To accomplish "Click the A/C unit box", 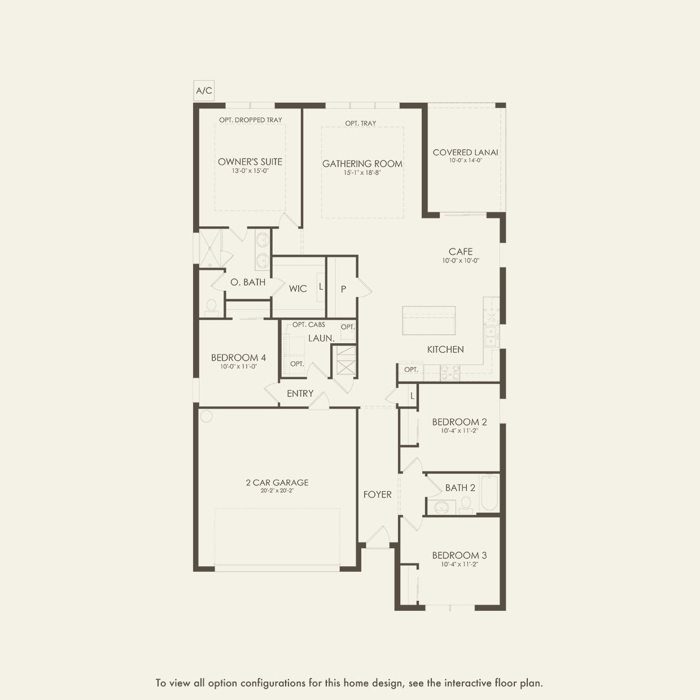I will pyautogui.click(x=204, y=90).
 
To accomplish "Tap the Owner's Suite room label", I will pyautogui.click(x=250, y=162).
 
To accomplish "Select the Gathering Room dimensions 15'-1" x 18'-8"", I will pyautogui.click(x=362, y=173).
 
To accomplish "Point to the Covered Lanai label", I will pyautogui.click(x=466, y=152).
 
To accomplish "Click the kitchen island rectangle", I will pyautogui.click(x=428, y=321).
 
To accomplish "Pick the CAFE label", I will pyautogui.click(x=461, y=252).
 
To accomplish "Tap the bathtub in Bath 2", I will pyautogui.click(x=489, y=494).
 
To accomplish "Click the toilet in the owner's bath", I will pyautogui.click(x=211, y=307).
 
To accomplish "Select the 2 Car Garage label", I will pyautogui.click(x=277, y=483).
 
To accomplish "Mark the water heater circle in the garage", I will pyautogui.click(x=206, y=416).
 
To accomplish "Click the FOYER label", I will pyautogui.click(x=378, y=495).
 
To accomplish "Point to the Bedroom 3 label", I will pyautogui.click(x=460, y=555).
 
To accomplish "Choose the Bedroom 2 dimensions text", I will pyautogui.click(x=460, y=431).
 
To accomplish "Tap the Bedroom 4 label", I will pyautogui.click(x=238, y=358).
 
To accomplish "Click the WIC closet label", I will pyautogui.click(x=298, y=289).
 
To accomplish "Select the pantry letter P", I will pyautogui.click(x=343, y=289).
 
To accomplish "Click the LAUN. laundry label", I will pyautogui.click(x=321, y=338).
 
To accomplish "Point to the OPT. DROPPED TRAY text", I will pyautogui.click(x=251, y=120).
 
